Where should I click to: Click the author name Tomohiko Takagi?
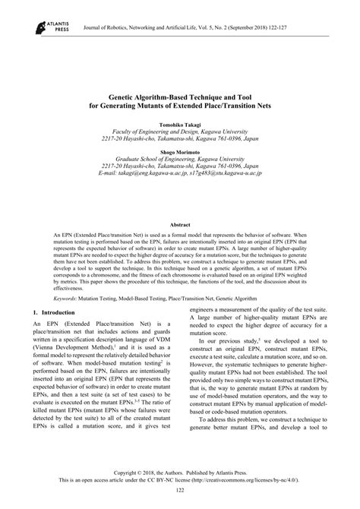[x=180, y=123]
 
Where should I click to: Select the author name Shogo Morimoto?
[x=180, y=152]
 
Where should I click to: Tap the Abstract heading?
[x=179, y=225]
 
